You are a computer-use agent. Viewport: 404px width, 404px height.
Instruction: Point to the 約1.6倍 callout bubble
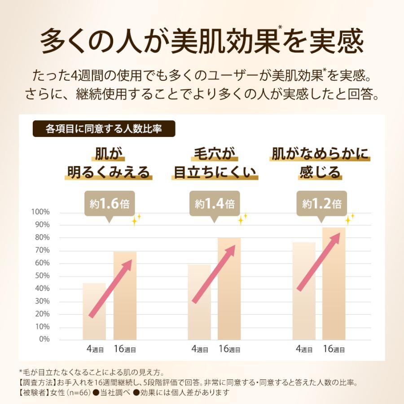coord(109,205)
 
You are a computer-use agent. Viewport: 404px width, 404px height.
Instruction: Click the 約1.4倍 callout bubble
coord(215,205)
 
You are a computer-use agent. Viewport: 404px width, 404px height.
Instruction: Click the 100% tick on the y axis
coord(41,212)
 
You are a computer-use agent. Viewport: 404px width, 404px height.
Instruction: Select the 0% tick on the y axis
coord(44,339)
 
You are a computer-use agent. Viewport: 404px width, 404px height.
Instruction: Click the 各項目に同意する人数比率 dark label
coord(104,129)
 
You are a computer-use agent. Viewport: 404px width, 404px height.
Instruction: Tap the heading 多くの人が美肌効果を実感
coord(202,43)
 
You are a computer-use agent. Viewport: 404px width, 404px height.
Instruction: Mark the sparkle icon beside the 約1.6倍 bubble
coord(136,220)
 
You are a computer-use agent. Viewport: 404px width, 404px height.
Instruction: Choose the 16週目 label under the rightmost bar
coord(334,349)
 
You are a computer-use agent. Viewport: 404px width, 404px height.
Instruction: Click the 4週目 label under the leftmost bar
coord(95,349)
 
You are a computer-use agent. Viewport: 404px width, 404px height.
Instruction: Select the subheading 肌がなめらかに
coord(320,154)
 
